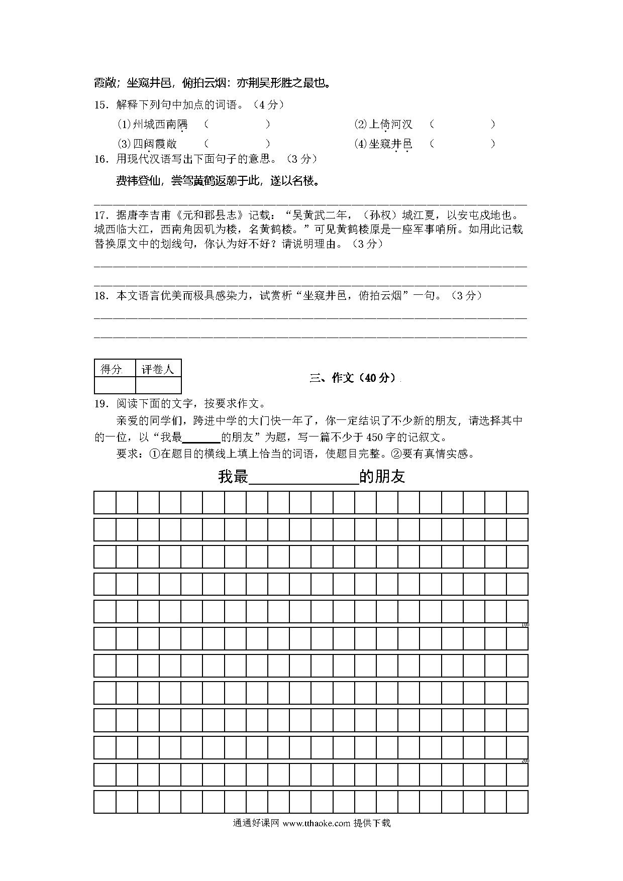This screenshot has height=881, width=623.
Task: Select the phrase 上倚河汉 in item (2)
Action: [x=390, y=125]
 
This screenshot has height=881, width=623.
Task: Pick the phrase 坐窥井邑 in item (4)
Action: [x=390, y=144]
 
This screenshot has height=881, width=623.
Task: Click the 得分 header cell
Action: [x=114, y=369]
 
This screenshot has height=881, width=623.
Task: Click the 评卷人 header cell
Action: [x=158, y=369]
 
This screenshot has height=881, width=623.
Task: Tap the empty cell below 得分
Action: [x=115, y=385]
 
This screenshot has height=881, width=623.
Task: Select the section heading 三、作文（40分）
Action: [x=353, y=378]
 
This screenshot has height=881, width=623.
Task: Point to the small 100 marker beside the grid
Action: [x=525, y=625]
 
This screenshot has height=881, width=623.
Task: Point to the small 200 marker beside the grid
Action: [x=525, y=761]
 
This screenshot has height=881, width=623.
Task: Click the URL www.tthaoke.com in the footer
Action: [x=316, y=823]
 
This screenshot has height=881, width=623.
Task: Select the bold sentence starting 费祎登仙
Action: [x=218, y=181]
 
